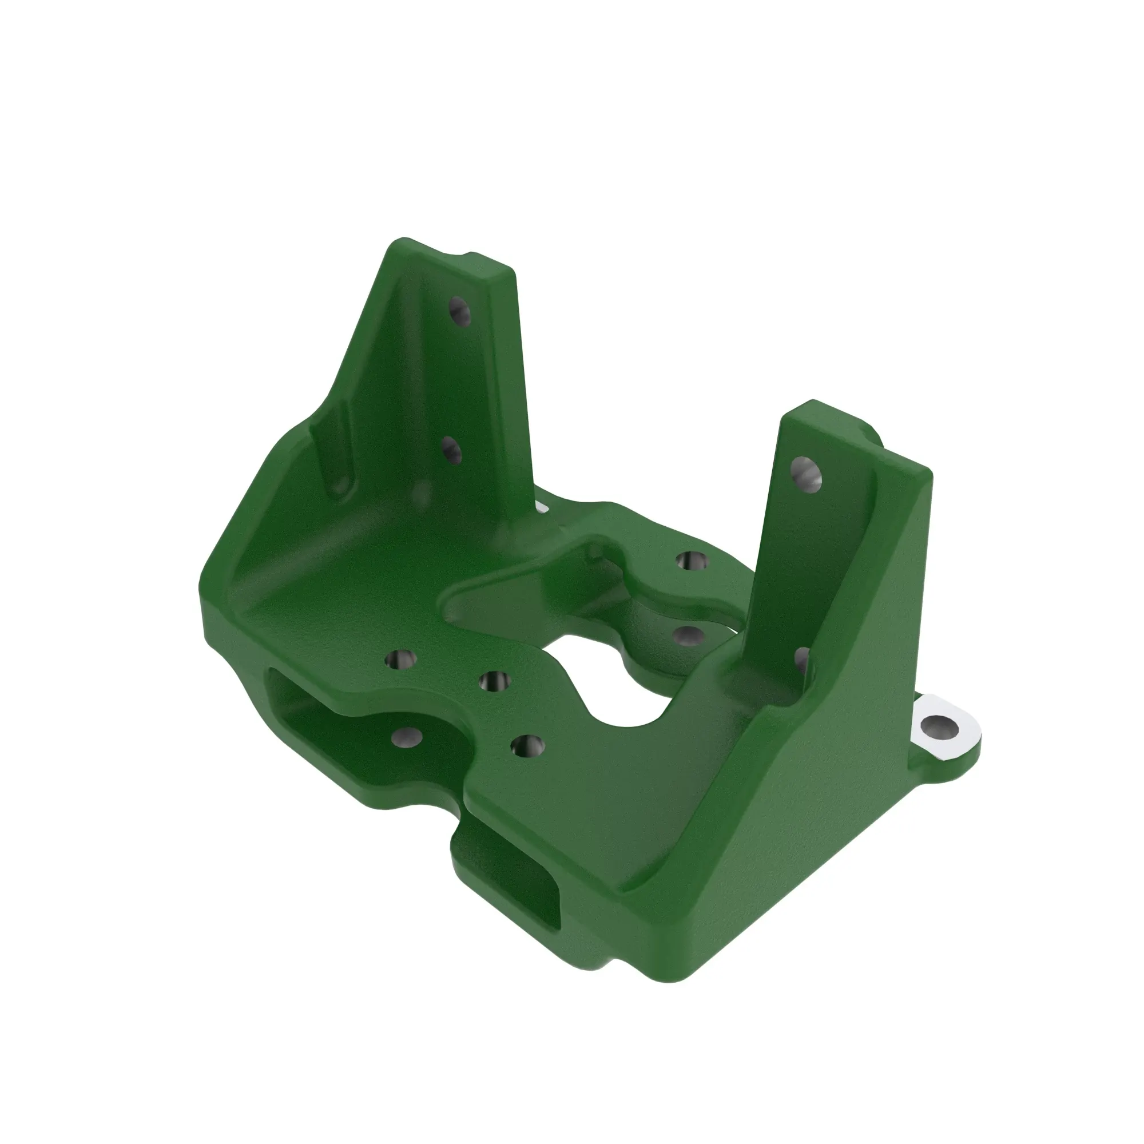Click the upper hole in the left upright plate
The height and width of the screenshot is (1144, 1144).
click(x=459, y=312)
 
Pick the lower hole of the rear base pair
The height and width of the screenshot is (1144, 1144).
click(x=689, y=636)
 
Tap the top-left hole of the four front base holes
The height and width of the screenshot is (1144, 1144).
click(x=401, y=658)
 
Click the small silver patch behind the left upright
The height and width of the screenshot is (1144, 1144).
click(x=542, y=506)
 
